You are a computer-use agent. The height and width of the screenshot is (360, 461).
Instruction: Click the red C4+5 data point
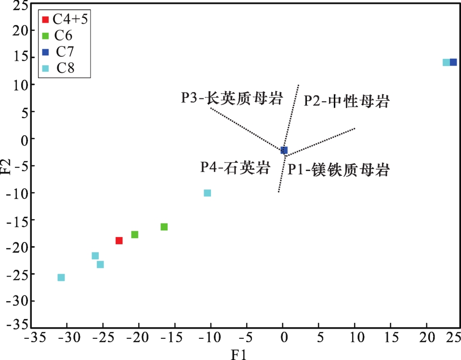119,240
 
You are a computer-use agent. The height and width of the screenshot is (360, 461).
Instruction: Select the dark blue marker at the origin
284,150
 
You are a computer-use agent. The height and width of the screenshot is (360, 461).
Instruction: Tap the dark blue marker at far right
453,62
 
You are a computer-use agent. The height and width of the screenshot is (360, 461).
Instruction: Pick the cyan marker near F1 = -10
207,193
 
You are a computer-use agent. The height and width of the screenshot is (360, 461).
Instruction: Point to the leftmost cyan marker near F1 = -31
61,277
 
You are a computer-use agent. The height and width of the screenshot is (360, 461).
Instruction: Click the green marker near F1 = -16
164,227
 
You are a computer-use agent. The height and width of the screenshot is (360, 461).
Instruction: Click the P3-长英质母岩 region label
232,98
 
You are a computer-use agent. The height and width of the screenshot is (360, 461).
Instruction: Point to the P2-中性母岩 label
346,101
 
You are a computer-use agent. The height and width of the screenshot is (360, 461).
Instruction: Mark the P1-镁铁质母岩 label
339,170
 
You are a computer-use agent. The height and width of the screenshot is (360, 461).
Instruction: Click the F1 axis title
239,355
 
